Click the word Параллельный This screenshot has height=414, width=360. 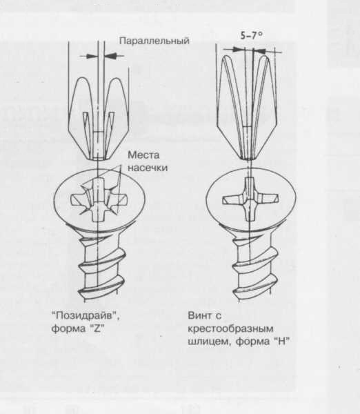click(x=154, y=41)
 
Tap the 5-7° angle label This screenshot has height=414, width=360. click(x=252, y=35)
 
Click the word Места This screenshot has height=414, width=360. click(x=143, y=155)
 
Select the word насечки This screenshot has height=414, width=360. click(x=148, y=168)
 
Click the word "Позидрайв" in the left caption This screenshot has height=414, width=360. click(x=86, y=315)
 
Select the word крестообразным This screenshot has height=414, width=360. click(x=230, y=329)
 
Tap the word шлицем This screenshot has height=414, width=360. click(x=210, y=342)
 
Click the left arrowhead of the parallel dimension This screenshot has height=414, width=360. click(x=91, y=56)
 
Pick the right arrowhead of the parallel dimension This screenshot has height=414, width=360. click(x=111, y=56)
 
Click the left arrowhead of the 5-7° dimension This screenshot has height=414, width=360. click(x=239, y=50)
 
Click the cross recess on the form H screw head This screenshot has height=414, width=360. click(x=250, y=199)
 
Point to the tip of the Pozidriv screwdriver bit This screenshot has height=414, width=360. click(x=99, y=159)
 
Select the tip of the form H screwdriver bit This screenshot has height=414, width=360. click(x=250, y=159)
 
